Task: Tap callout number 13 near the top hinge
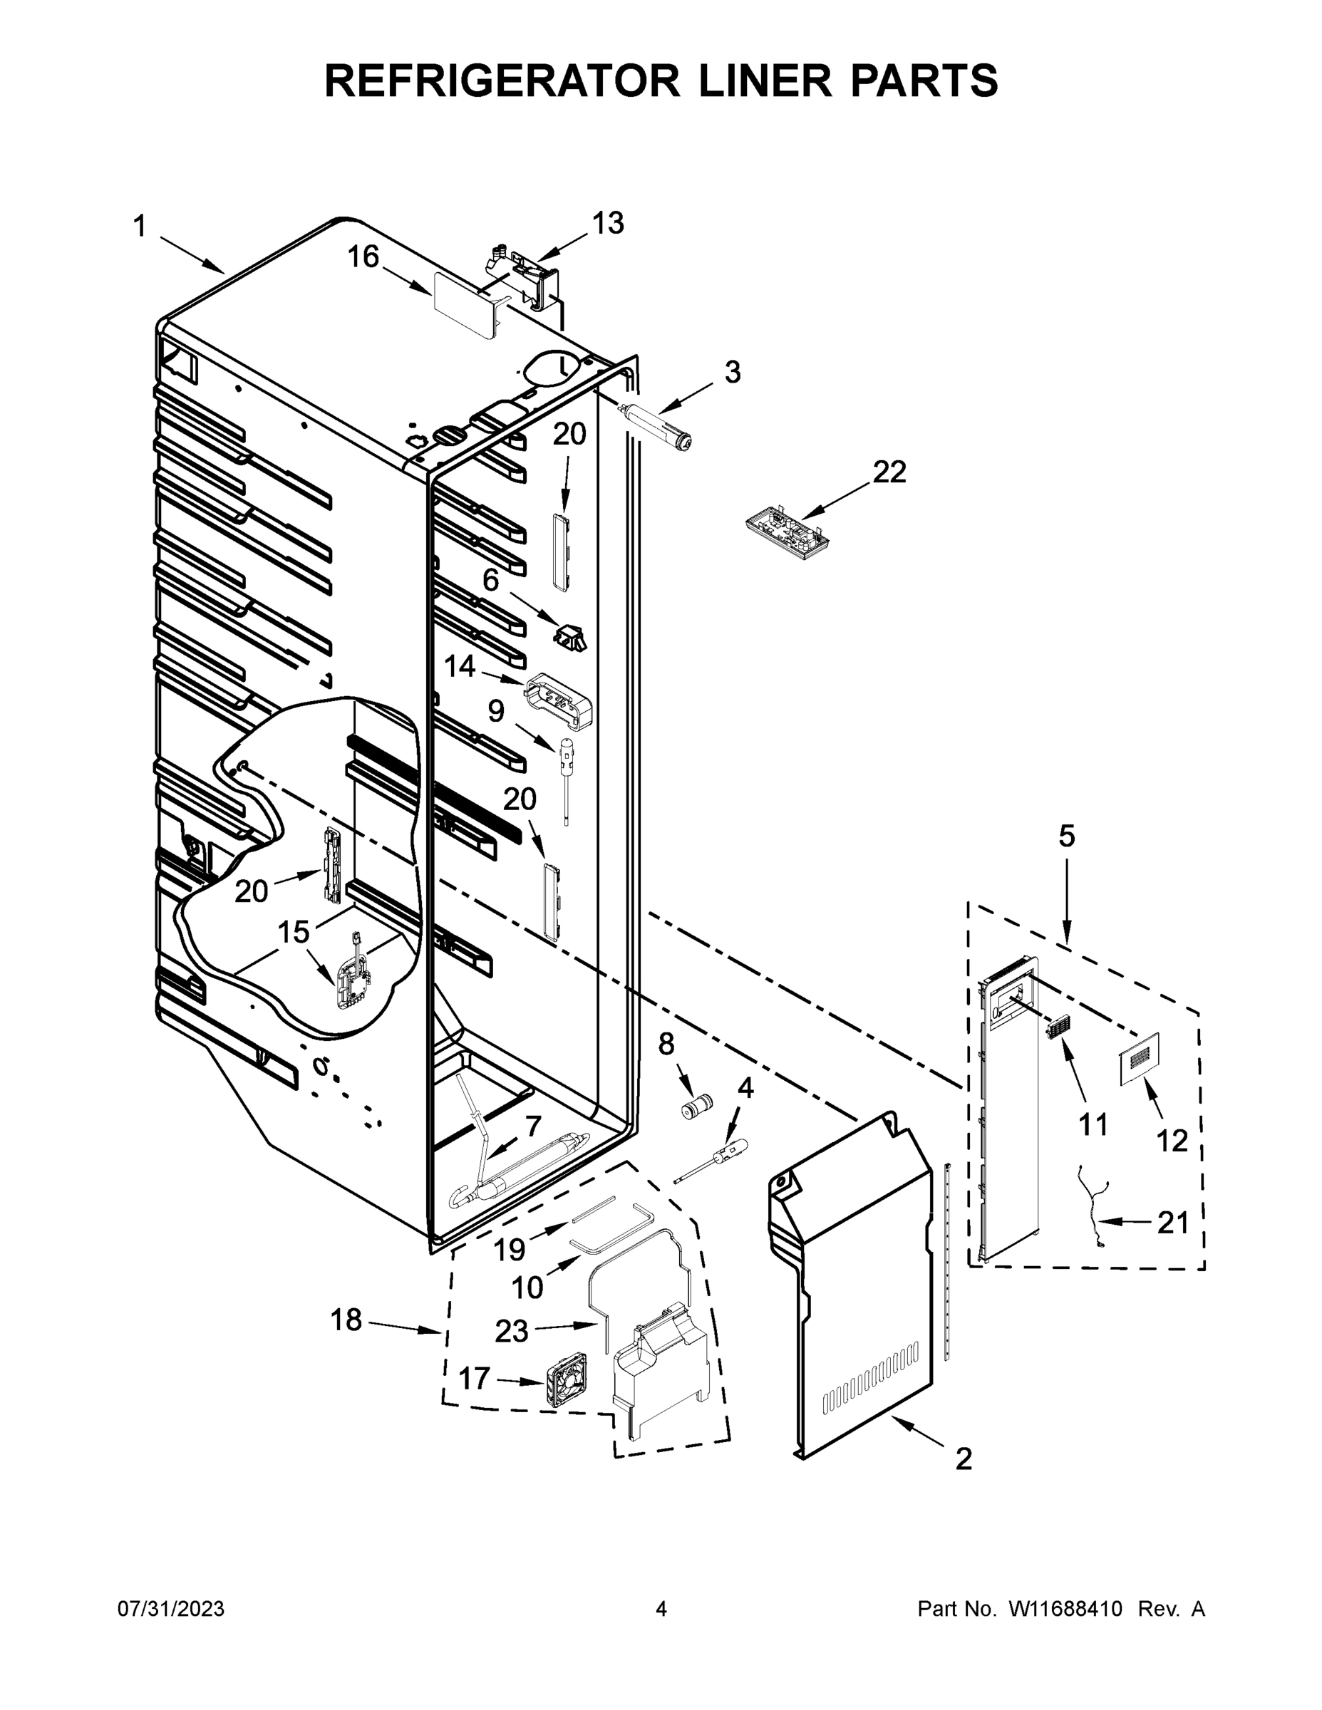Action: [x=607, y=223]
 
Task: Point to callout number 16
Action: [x=363, y=256]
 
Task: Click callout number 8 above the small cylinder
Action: [x=666, y=1044]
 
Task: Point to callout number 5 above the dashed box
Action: [x=1067, y=837]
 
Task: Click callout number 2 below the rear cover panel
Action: [x=964, y=1458]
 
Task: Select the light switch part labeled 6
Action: [x=570, y=638]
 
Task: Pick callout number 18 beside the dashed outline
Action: [x=346, y=1320]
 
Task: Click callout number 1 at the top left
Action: [x=140, y=227]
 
